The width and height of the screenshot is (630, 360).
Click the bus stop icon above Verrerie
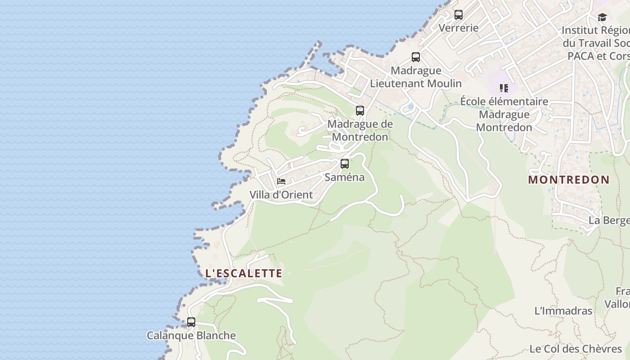click(x=459, y=15)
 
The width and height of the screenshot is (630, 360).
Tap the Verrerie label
click(x=459, y=28)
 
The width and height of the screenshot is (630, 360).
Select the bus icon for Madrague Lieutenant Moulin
click(x=416, y=57)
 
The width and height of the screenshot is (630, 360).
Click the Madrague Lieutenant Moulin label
click(x=416, y=77)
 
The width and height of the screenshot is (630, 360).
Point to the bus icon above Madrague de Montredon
click(x=360, y=110)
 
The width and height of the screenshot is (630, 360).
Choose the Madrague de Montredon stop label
click(x=360, y=130)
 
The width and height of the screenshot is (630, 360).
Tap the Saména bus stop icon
click(x=345, y=164)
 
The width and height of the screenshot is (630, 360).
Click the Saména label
click(x=345, y=177)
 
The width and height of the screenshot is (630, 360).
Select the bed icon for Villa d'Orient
click(x=281, y=182)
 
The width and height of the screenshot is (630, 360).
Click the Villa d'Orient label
click(x=281, y=195)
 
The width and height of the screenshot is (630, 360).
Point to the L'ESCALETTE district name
click(x=244, y=273)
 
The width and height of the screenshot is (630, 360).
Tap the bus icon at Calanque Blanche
click(x=191, y=322)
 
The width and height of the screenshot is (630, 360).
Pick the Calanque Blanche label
click(x=191, y=336)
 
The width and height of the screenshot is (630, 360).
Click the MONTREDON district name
click(x=569, y=180)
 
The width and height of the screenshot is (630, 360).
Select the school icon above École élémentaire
click(x=504, y=88)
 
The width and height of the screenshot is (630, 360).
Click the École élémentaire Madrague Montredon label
click(x=504, y=114)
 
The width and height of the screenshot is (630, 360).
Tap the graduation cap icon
click(x=602, y=18)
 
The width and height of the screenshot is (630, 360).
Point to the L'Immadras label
click(x=563, y=311)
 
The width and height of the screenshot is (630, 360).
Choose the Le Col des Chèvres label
click(x=576, y=349)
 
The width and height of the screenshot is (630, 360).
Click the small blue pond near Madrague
click(x=409, y=107)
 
